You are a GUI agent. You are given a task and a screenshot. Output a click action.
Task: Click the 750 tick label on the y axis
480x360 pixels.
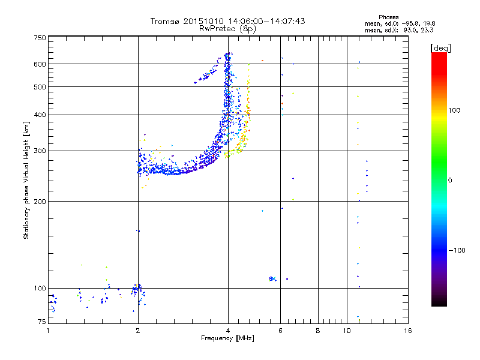point(40,38)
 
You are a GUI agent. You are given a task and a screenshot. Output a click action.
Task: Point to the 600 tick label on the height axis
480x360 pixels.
point(40,64)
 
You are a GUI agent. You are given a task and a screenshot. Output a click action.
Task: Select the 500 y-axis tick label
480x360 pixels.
point(40,87)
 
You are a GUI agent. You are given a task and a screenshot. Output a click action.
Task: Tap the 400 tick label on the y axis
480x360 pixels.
point(40,115)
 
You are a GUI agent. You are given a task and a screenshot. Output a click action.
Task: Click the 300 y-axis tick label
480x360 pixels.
point(40,151)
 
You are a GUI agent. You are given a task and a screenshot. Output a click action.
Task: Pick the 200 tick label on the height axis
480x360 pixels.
point(40,202)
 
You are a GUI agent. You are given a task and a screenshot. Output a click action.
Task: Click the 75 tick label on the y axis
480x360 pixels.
point(41,322)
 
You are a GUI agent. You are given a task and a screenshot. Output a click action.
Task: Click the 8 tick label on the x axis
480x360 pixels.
point(318,331)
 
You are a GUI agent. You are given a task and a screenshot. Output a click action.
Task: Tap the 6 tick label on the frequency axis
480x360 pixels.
point(281,331)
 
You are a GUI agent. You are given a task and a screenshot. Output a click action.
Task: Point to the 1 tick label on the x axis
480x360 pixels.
point(49,331)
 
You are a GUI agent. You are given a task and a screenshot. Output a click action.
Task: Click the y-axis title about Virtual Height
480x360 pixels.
point(26,180)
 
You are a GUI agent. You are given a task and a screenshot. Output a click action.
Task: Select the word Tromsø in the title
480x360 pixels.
point(166,21)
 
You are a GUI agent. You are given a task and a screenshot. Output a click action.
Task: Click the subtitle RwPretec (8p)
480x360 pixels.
point(228,28)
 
